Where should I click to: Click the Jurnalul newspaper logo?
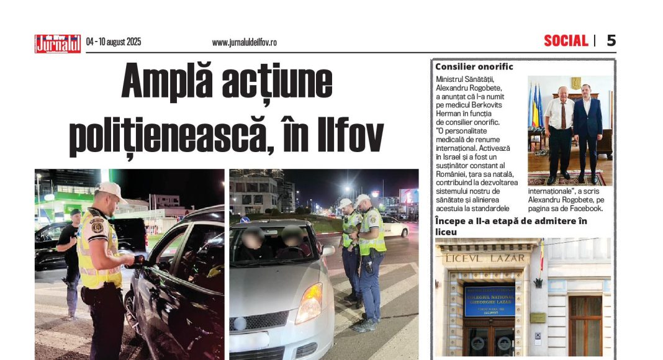pos(58,43)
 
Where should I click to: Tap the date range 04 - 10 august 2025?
pos(114,42)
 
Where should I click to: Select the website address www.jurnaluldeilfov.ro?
pos(244,42)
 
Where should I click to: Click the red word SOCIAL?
pos(566,41)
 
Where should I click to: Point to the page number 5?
pos(611,41)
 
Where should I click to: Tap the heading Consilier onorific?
pos(474,66)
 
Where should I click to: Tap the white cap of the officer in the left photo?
pos(111,189)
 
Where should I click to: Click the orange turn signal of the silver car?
pos(309,304)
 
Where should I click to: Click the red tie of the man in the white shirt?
pos(563,115)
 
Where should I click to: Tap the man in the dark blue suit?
pos(587,133)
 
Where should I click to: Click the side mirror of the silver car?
pos(328,250)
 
